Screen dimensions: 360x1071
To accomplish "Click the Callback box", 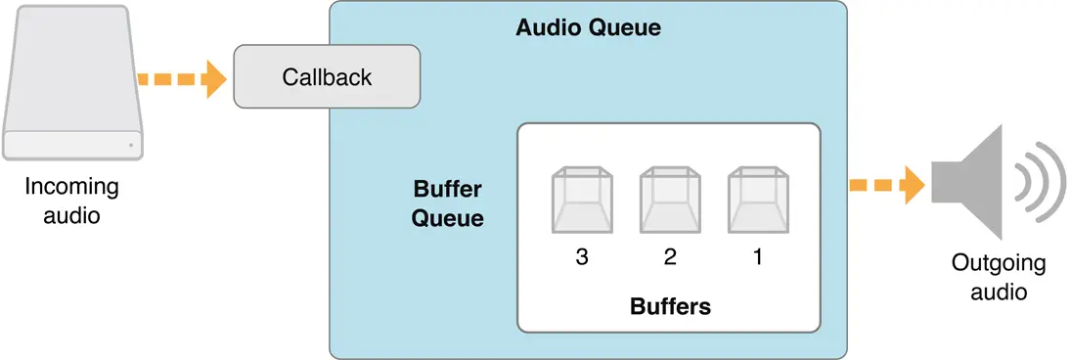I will click(x=327, y=76).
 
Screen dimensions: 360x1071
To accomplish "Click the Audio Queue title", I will click(x=588, y=27).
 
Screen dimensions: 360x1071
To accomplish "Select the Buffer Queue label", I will click(x=447, y=202).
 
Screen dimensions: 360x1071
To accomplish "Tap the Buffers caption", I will click(x=669, y=306).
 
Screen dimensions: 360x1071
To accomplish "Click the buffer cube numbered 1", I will click(x=758, y=200).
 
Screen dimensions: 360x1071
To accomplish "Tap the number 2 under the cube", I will click(x=669, y=258).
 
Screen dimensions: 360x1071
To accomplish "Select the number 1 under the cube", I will click(x=758, y=258).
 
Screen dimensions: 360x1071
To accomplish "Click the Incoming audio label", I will click(x=71, y=201).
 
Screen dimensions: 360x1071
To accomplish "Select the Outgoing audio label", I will click(x=998, y=277).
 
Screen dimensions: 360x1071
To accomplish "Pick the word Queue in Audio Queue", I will click(x=626, y=27).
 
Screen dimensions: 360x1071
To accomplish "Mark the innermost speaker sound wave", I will click(x=1020, y=183).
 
